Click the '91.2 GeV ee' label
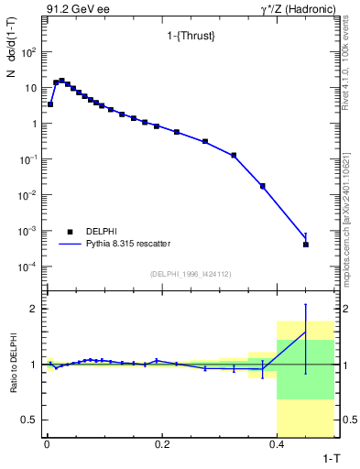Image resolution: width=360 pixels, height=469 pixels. pos(71,8)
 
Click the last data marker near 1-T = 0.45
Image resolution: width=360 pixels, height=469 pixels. pos(306,245)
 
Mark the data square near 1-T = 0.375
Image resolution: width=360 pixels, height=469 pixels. pos(263,186)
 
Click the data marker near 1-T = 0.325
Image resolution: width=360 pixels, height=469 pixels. pos(234,155)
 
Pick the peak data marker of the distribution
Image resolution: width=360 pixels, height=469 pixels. pos(61,81)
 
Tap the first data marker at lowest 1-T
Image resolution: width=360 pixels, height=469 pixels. pos(50,104)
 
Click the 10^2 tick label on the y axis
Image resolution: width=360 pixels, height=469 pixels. pos(28,52)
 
